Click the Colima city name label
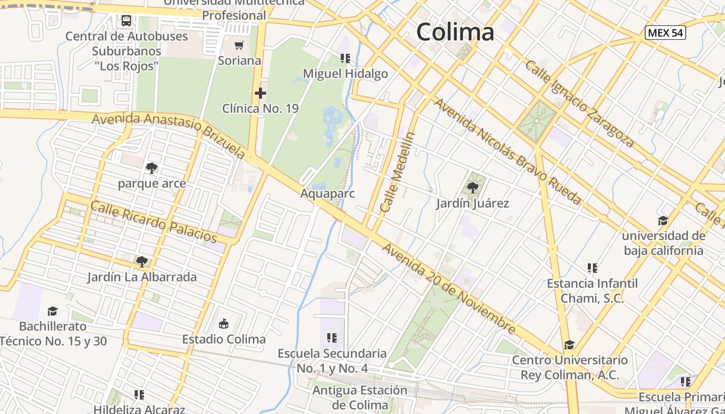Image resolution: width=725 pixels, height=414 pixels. [455, 32]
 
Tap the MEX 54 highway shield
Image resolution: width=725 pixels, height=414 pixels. [665, 33]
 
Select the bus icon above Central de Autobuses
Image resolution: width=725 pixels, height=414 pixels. [126, 21]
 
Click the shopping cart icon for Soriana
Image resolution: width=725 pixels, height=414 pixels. [239, 46]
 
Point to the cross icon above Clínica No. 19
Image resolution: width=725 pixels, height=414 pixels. [260, 94]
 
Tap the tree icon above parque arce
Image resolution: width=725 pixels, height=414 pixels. [152, 168]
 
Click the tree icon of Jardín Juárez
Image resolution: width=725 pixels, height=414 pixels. [472, 188]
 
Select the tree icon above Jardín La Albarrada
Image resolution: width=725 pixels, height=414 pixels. [142, 262]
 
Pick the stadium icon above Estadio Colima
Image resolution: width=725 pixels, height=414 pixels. [224, 324]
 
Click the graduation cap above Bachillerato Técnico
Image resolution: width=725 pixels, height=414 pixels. [53, 311]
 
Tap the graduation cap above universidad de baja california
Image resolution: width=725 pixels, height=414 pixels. [663, 221]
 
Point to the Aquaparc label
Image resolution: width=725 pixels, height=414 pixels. [327, 194]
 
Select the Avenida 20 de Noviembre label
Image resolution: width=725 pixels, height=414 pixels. [448, 289]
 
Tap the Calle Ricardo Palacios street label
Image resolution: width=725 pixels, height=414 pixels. [154, 221]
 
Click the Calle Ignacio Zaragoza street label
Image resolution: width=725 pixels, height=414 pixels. [579, 103]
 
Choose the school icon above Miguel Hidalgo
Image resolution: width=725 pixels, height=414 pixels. [345, 58]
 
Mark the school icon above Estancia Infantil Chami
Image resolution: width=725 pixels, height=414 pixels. [592, 268]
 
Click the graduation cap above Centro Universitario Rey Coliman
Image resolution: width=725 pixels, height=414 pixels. [569, 345]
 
